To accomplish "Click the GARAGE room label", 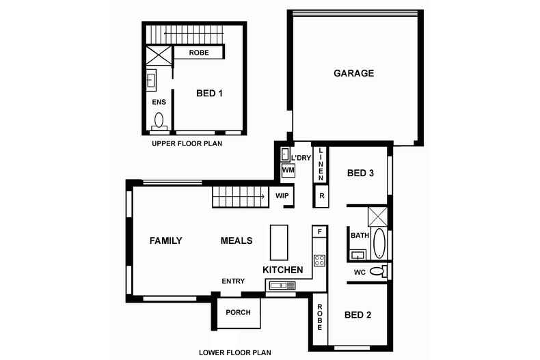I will pos(353,73).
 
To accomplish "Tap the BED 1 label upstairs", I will pos(209,94).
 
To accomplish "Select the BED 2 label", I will pos(357,315).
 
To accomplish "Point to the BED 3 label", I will pos(360,174).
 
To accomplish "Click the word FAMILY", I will pos(166,240).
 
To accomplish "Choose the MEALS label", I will pos(237,240).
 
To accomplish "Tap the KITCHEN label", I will pos(283,271).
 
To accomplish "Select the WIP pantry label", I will pos(282,196).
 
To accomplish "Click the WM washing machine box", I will pos(288,169).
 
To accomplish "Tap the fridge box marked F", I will pos(319,232).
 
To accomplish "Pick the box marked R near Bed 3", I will pos(321,197).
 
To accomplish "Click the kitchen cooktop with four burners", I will pos(319,260).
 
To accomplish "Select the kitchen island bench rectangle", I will pos(280,243).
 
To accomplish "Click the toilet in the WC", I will pos(377,272).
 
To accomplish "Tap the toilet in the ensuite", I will pos(160,121).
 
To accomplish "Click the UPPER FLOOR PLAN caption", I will pos(187,144).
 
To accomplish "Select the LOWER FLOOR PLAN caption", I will pos(235,353).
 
